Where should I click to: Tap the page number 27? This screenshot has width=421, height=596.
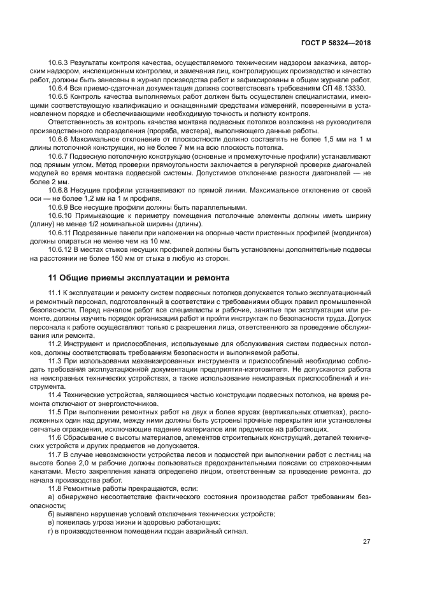(x=366, y=542)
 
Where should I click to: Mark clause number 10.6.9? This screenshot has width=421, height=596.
(x=59, y=207)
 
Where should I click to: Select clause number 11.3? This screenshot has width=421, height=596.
(x=55, y=360)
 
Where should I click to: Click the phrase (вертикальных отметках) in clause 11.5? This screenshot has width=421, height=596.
(x=295, y=412)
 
